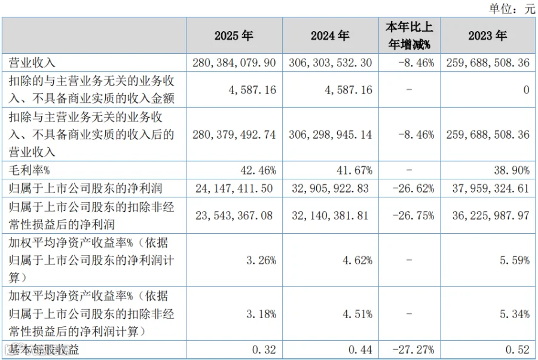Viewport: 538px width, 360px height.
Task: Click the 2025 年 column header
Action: coord(234,36)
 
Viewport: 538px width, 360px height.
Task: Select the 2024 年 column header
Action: coord(330,36)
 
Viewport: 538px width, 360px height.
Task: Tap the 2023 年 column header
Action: coord(488,36)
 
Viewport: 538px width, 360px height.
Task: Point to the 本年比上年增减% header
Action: coord(409,36)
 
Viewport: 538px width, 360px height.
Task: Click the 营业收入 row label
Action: coord(32,63)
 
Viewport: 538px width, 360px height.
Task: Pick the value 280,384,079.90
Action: coord(234,63)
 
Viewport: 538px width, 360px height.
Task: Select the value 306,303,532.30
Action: coord(331,63)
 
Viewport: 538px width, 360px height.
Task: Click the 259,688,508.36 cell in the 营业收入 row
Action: coord(488,63)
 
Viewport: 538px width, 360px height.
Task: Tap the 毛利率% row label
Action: coord(29,170)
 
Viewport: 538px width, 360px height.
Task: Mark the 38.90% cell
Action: coord(512,170)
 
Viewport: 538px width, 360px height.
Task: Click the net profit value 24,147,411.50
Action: coord(234,188)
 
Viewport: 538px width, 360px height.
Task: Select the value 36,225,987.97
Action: coord(491,215)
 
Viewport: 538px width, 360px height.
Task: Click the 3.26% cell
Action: coord(261,261)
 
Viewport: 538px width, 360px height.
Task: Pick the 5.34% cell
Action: coord(515,314)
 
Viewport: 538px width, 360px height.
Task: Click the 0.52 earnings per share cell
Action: coord(518,350)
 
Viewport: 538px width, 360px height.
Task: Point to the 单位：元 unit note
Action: coord(512,8)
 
